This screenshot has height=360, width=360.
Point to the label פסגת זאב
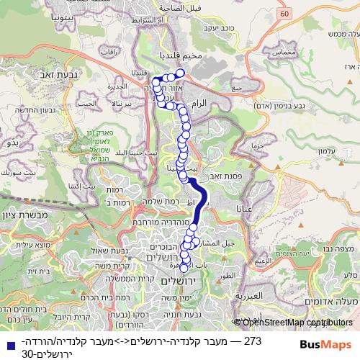pyautogui.click(x=225, y=174)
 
